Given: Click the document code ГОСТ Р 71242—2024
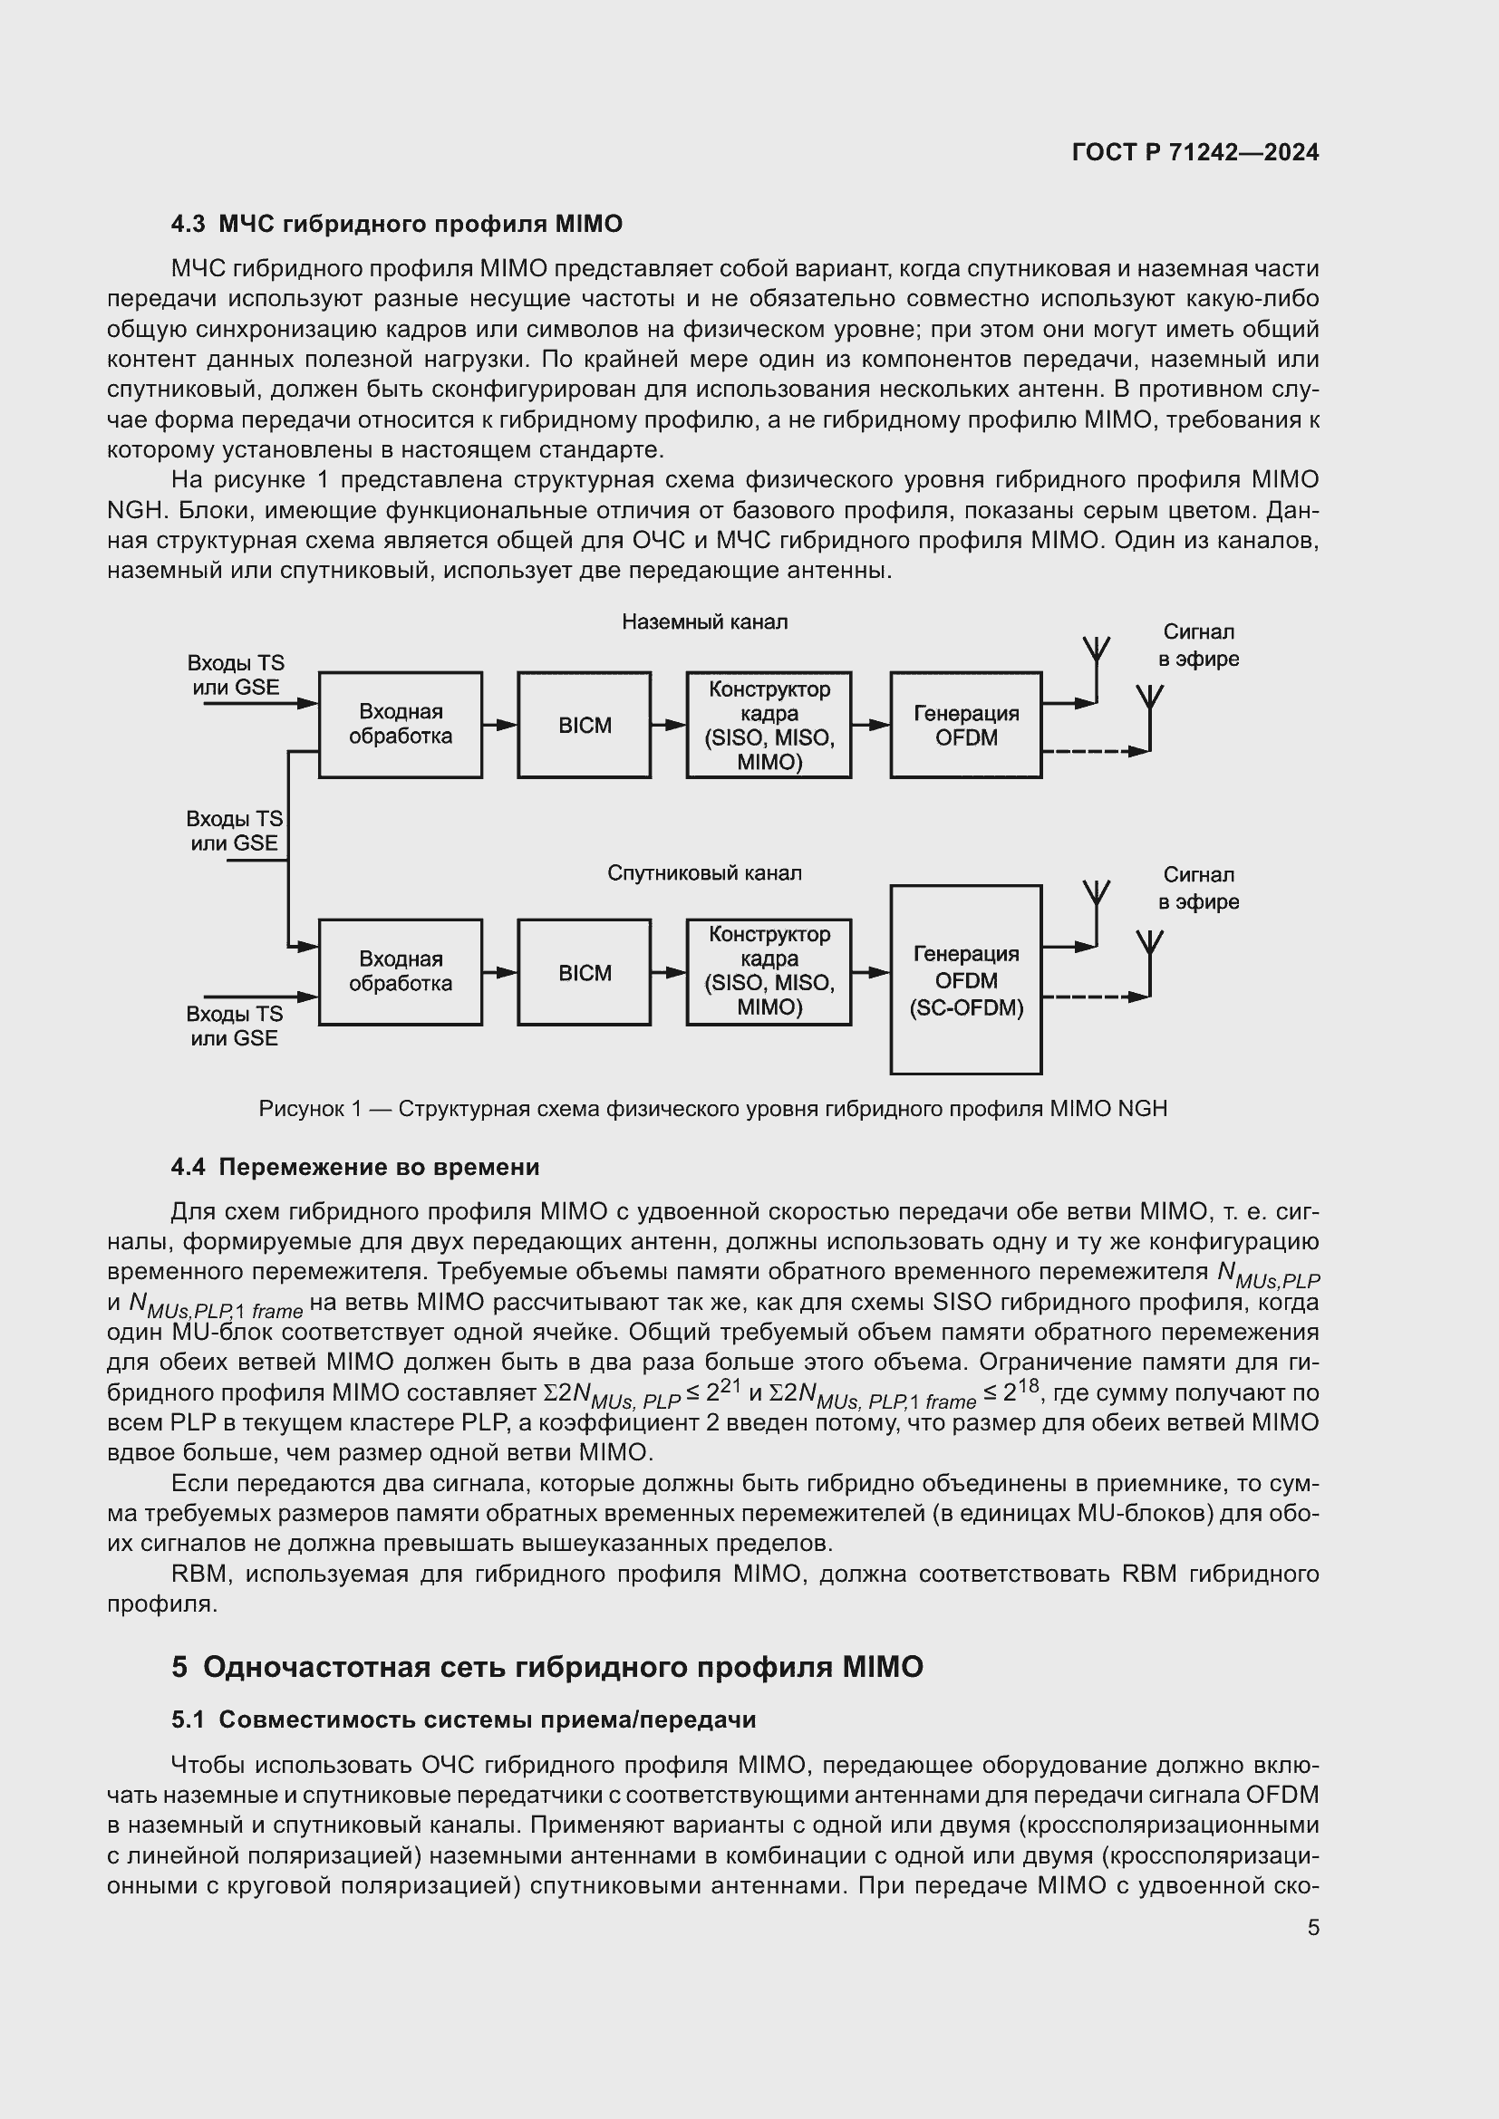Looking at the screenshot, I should (1194, 152).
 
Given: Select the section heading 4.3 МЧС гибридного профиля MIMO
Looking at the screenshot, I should (396, 225).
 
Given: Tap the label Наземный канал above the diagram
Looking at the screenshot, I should (704, 622).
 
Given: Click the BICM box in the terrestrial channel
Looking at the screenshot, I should (585, 726).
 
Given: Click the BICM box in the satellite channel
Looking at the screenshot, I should (585, 973).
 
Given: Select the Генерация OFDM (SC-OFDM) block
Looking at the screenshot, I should (965, 980).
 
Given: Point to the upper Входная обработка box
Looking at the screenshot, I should (400, 725).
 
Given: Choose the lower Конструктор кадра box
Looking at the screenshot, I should (768, 972).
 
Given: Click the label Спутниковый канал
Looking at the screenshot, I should (704, 873).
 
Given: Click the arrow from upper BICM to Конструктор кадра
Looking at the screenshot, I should (668, 726).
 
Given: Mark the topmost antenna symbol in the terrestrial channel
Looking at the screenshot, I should (1096, 651).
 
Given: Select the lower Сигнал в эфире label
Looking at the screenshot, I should (1198, 888).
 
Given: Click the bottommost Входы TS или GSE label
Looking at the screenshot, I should (235, 1026).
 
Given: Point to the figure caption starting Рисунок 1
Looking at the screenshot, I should (712, 1108).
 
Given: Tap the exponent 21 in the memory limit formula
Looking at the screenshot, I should (732, 1382).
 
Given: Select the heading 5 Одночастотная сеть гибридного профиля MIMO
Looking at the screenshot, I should (546, 1667).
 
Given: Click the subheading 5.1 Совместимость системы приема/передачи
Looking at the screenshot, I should (463, 1720).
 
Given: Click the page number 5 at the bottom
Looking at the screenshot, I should (1312, 1927).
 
